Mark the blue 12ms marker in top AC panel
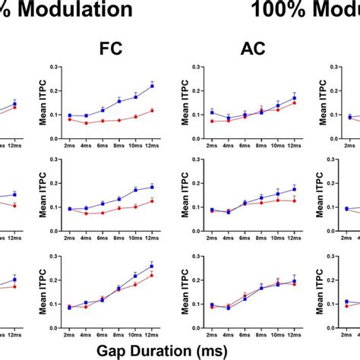coord(294,98)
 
